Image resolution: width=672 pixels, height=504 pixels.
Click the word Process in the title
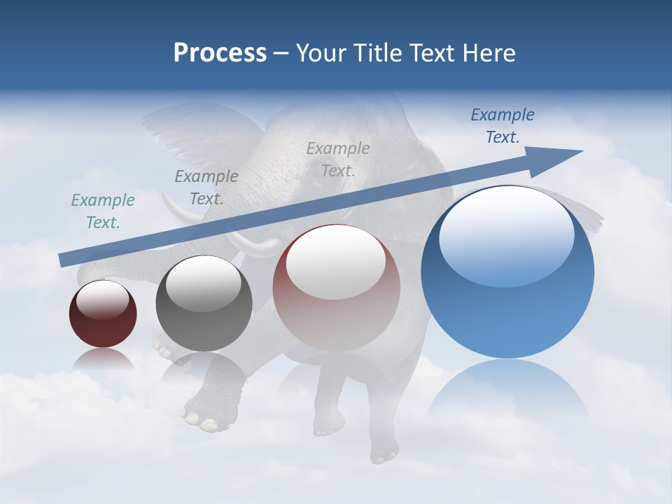point(220,53)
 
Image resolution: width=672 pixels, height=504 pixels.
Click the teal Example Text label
point(103,211)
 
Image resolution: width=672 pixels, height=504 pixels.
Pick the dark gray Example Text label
point(206,188)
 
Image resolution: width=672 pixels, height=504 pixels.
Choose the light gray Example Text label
point(338,159)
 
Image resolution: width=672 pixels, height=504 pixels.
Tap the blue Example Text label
point(503,126)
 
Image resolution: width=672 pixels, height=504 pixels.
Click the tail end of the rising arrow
point(64,260)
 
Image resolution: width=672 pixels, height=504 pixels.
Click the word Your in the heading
point(321,53)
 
